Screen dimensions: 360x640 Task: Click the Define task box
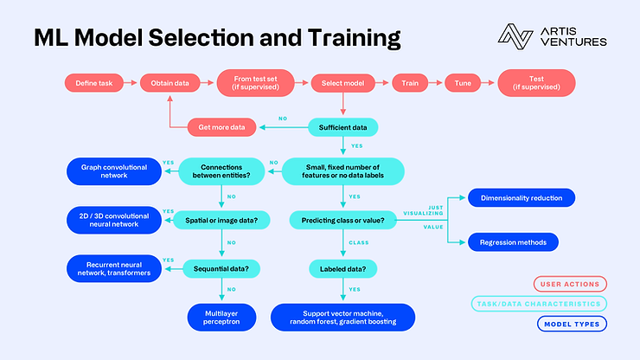93,83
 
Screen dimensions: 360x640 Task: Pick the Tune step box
463,83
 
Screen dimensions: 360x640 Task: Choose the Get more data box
221,127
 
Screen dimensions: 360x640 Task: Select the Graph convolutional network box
114,170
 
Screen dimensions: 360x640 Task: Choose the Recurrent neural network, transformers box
114,269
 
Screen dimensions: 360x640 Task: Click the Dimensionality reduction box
522,198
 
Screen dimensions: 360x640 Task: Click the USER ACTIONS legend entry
572,283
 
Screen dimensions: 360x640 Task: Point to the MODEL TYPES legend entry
572,324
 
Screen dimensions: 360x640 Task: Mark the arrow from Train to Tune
436,83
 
